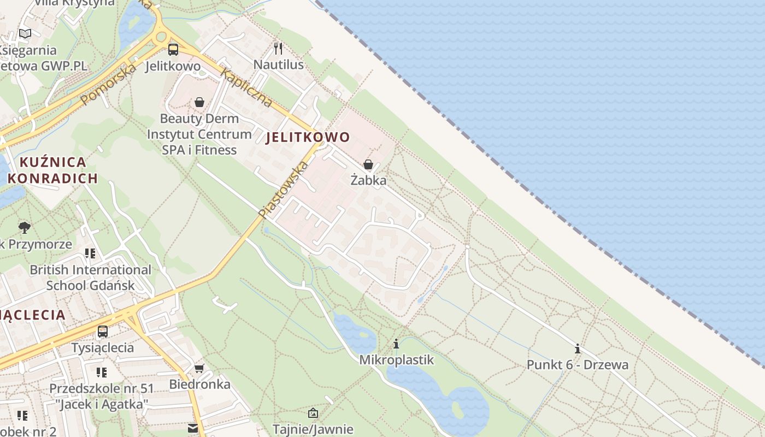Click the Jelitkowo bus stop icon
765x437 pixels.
[x=173, y=50]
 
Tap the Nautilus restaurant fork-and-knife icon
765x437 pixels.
[x=279, y=49]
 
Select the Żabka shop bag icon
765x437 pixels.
[x=368, y=164]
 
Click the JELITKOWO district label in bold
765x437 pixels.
[x=308, y=137]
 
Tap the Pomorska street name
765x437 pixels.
[x=108, y=84]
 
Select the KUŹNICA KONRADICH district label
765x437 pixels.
[x=53, y=170]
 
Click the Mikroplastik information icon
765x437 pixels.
[x=396, y=344]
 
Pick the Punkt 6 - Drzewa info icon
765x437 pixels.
[x=577, y=349]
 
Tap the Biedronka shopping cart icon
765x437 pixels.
[x=199, y=369]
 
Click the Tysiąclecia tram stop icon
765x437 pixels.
[x=102, y=331]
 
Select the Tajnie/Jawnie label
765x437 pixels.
[x=313, y=429]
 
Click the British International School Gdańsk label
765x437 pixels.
[x=90, y=277]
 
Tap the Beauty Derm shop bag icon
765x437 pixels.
[x=199, y=102]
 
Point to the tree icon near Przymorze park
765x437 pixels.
[x=24, y=227]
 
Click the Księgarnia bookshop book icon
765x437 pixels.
[x=25, y=33]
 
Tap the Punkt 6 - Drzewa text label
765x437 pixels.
[x=578, y=364]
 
